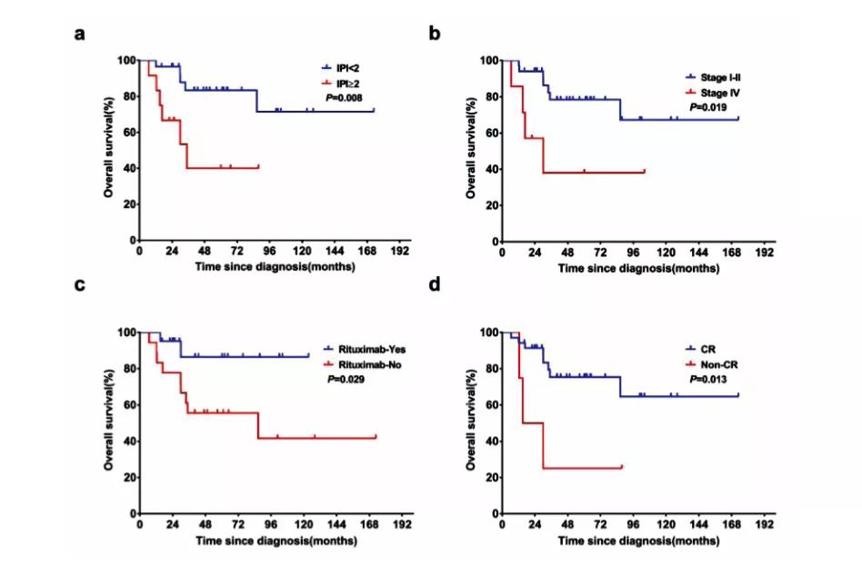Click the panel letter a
click(x=80, y=35)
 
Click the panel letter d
click(x=435, y=285)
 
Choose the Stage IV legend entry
click(x=717, y=93)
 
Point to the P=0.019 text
click(x=709, y=106)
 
